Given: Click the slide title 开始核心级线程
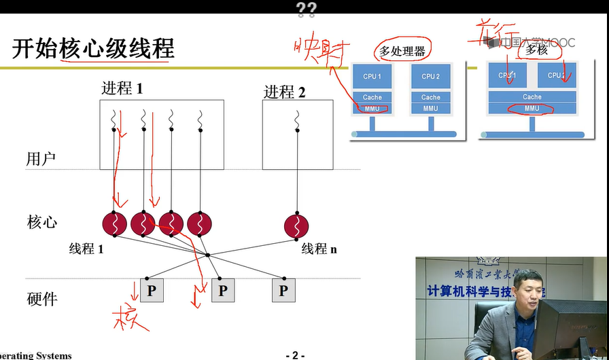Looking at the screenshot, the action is coord(93,49).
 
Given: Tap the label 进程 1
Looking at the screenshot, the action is coord(122,88).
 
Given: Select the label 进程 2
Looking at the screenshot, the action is coord(284,92).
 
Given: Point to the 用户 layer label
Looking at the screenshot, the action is coord(41,160).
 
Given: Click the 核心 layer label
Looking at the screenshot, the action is coord(41,222).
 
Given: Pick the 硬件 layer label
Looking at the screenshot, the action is coord(41,299).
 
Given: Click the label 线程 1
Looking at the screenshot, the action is coord(86,249).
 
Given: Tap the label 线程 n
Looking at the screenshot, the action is coord(319,249).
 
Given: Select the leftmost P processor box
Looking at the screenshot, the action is coord(152,291).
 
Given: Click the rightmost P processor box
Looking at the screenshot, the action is coord(283,291).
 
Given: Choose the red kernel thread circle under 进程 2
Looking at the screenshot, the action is coord(296,223).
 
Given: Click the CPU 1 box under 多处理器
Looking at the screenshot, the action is coord(372,77).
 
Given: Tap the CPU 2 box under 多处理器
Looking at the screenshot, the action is coord(431,77).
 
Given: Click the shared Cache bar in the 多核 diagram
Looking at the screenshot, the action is coord(532,97).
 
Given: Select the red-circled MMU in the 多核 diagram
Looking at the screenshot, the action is coord(532,108).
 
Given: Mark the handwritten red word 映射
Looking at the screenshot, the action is coord(322,52).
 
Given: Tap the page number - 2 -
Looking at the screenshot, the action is coord(295,355).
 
